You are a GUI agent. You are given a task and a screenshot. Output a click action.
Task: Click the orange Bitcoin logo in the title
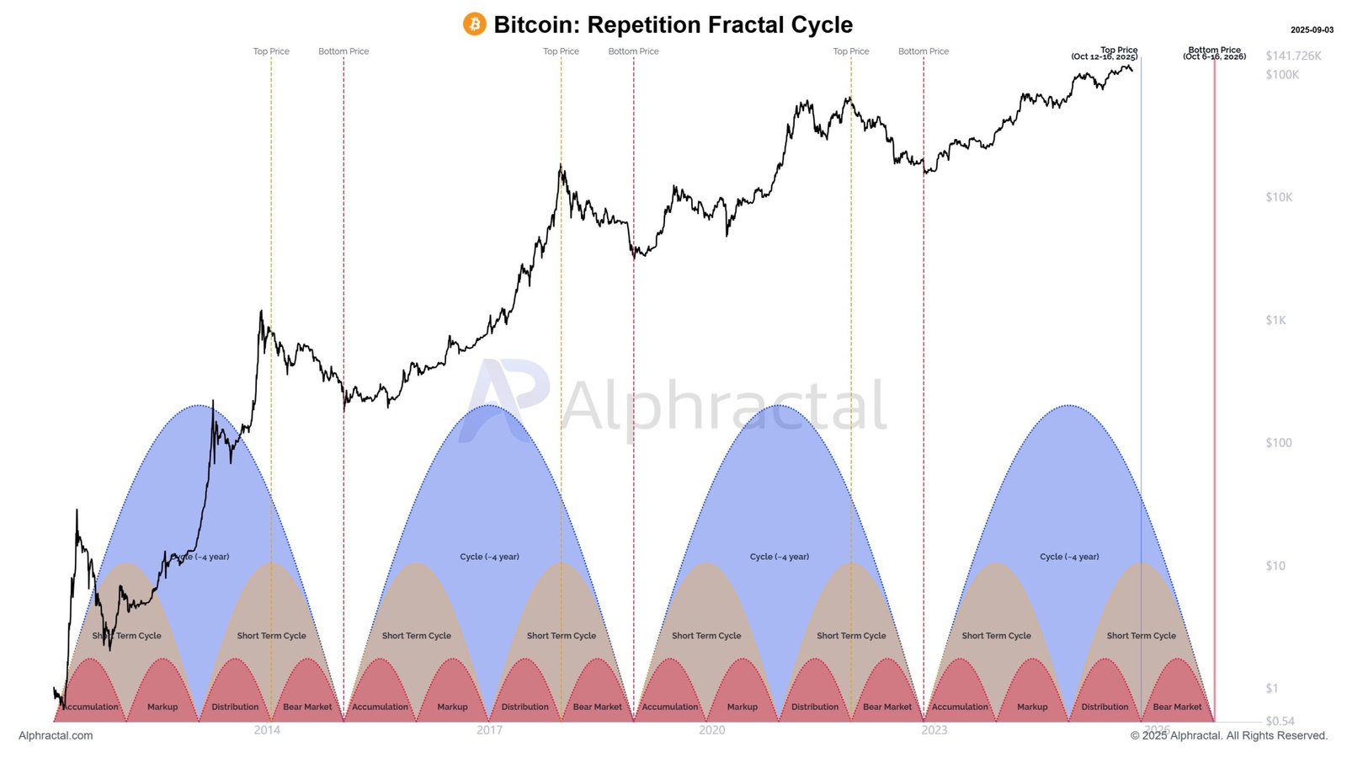(475, 24)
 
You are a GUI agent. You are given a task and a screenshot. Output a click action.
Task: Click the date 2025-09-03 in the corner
(1312, 30)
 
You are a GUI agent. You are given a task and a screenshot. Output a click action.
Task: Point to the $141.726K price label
(1293, 56)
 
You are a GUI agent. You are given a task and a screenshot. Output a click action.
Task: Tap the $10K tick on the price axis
(1279, 197)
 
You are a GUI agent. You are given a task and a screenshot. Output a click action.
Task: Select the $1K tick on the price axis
(1275, 320)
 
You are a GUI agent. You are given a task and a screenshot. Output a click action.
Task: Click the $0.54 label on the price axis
(1280, 721)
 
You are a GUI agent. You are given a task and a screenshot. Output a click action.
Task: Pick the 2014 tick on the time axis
(267, 730)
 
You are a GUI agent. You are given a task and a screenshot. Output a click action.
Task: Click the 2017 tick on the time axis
(489, 730)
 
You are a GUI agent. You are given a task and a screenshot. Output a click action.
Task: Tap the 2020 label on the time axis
(711, 730)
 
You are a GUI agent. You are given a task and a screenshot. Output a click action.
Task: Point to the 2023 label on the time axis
(934, 730)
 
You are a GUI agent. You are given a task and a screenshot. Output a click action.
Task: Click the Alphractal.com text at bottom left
(56, 736)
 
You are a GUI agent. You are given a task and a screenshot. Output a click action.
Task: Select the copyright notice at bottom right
(1228, 736)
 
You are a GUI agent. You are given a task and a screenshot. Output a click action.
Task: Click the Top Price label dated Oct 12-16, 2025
(1105, 54)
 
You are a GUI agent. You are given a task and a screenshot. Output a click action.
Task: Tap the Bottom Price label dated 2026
(1214, 54)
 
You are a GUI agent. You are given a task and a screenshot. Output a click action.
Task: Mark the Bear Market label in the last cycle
(1177, 707)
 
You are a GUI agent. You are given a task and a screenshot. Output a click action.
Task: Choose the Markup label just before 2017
(452, 707)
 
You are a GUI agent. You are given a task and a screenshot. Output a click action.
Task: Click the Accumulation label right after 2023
(960, 707)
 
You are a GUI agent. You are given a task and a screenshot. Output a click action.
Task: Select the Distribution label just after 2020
(815, 707)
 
